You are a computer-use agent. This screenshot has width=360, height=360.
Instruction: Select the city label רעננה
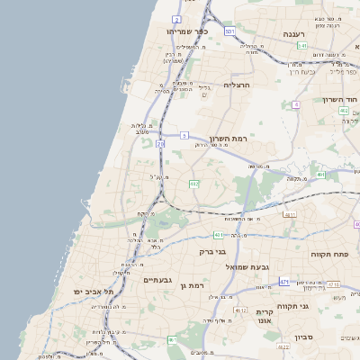pyautogui.click(x=295, y=34)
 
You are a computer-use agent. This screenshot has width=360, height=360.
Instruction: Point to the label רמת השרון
pyautogui.click(x=228, y=139)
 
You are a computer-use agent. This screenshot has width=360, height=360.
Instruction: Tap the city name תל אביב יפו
pyautogui.click(x=95, y=292)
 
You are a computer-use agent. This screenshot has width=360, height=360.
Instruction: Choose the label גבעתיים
pyautogui.click(x=164, y=280)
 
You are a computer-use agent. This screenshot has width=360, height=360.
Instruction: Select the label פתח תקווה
pyautogui.click(x=330, y=255)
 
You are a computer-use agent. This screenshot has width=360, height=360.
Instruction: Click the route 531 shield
pyautogui.click(x=229, y=31)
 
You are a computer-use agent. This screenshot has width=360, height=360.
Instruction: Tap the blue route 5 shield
pyautogui.click(x=184, y=135)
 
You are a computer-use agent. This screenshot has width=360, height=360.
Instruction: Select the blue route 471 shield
pyautogui.click(x=284, y=282)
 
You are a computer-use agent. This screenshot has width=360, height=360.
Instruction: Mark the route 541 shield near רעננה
pyautogui.click(x=303, y=45)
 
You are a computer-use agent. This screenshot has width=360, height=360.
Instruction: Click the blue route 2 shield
pyautogui.click(x=177, y=19)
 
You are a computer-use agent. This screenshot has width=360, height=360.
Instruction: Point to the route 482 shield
pyautogui.click(x=193, y=184)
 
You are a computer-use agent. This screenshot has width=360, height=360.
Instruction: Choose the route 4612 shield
pyautogui.click(x=240, y=310)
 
